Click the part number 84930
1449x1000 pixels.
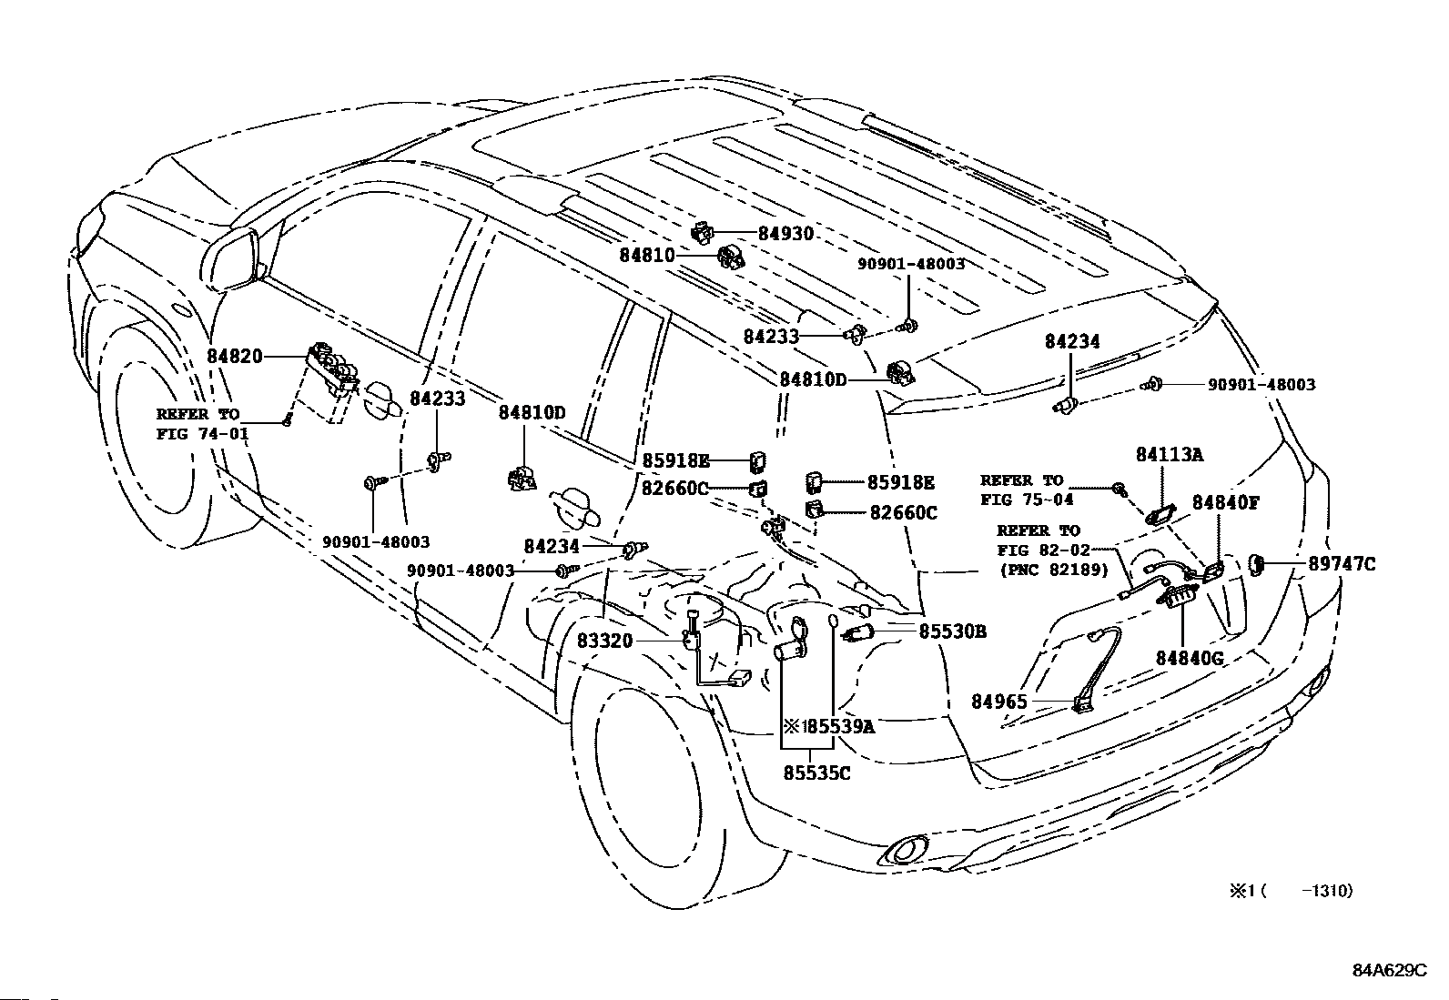point(785,234)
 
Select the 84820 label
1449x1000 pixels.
point(235,356)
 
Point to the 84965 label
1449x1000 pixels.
point(998,702)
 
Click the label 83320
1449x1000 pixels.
point(604,641)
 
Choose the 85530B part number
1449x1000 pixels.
point(953,631)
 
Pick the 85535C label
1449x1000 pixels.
point(817,773)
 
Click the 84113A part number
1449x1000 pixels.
point(1170,455)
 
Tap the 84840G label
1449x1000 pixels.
point(1190,659)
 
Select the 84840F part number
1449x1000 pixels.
point(1226,502)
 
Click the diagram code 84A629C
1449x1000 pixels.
point(1390,971)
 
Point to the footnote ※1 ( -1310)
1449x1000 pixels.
point(1292,892)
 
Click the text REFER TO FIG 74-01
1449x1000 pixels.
point(202,424)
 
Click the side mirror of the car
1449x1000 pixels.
point(229,258)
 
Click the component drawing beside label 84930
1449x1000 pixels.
point(701,231)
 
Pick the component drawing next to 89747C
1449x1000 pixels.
point(1255,565)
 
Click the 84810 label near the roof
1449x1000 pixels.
point(647,255)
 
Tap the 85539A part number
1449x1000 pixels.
point(841,727)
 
